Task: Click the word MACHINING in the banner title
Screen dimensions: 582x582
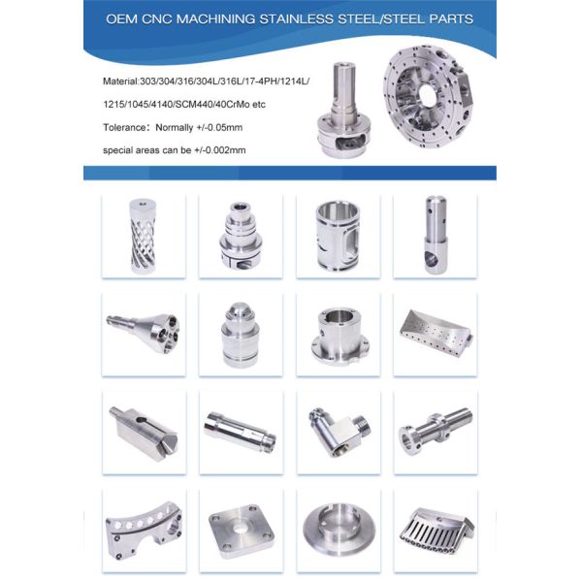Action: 215,19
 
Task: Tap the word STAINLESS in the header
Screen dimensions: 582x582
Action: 296,19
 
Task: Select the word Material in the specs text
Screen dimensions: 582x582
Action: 120,81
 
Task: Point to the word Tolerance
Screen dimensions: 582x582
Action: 124,128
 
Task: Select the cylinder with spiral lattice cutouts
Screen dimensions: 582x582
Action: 143,236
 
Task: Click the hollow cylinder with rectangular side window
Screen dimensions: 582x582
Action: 338,236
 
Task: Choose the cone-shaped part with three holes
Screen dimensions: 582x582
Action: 143,333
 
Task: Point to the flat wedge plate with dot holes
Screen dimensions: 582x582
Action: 435,333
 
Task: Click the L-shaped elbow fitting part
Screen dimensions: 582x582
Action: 339,432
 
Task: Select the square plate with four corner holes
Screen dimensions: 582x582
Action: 242,531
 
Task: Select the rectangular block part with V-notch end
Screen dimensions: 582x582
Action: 144,433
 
